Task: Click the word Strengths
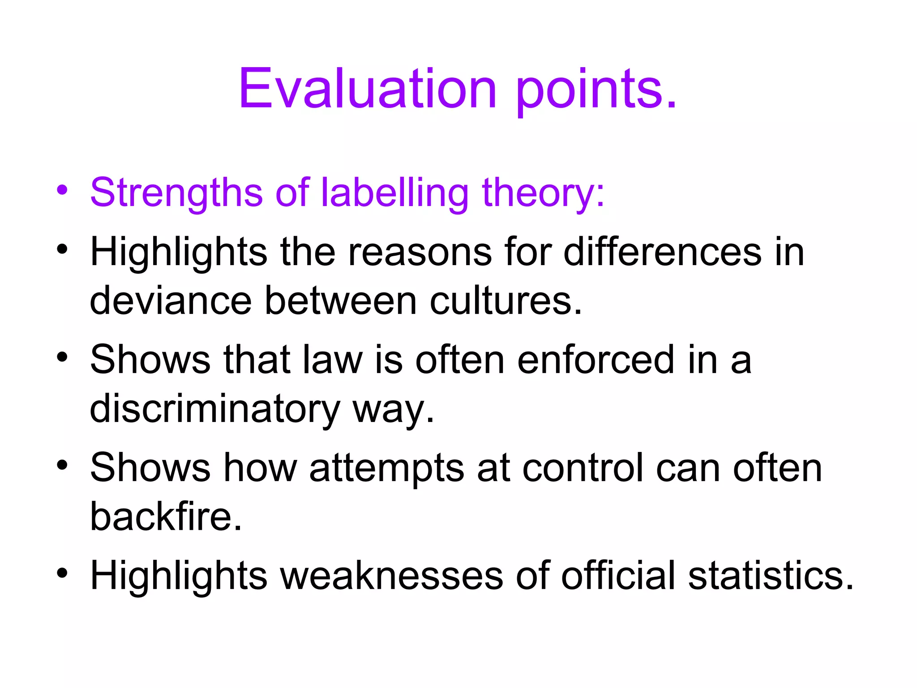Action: [176, 193]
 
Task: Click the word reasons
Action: [420, 252]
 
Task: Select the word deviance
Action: [171, 301]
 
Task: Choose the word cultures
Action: [506, 301]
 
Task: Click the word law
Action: [332, 360]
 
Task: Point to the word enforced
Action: [596, 360]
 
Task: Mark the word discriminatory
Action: [215, 409]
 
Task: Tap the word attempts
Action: [386, 469]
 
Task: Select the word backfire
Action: [166, 517]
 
